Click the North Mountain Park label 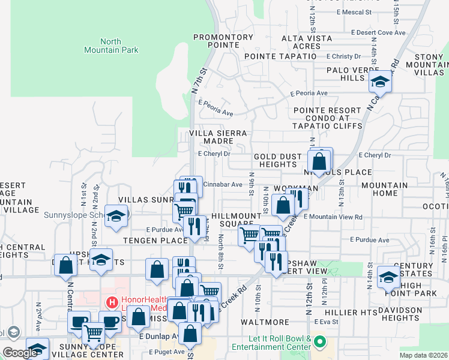(x=110, y=46)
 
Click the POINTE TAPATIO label (x=280, y=56)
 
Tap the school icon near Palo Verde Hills (x=380, y=81)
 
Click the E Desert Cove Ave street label (x=378, y=32)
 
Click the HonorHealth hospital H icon (x=110, y=304)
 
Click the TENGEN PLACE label (x=156, y=241)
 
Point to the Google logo (x=20, y=352)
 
